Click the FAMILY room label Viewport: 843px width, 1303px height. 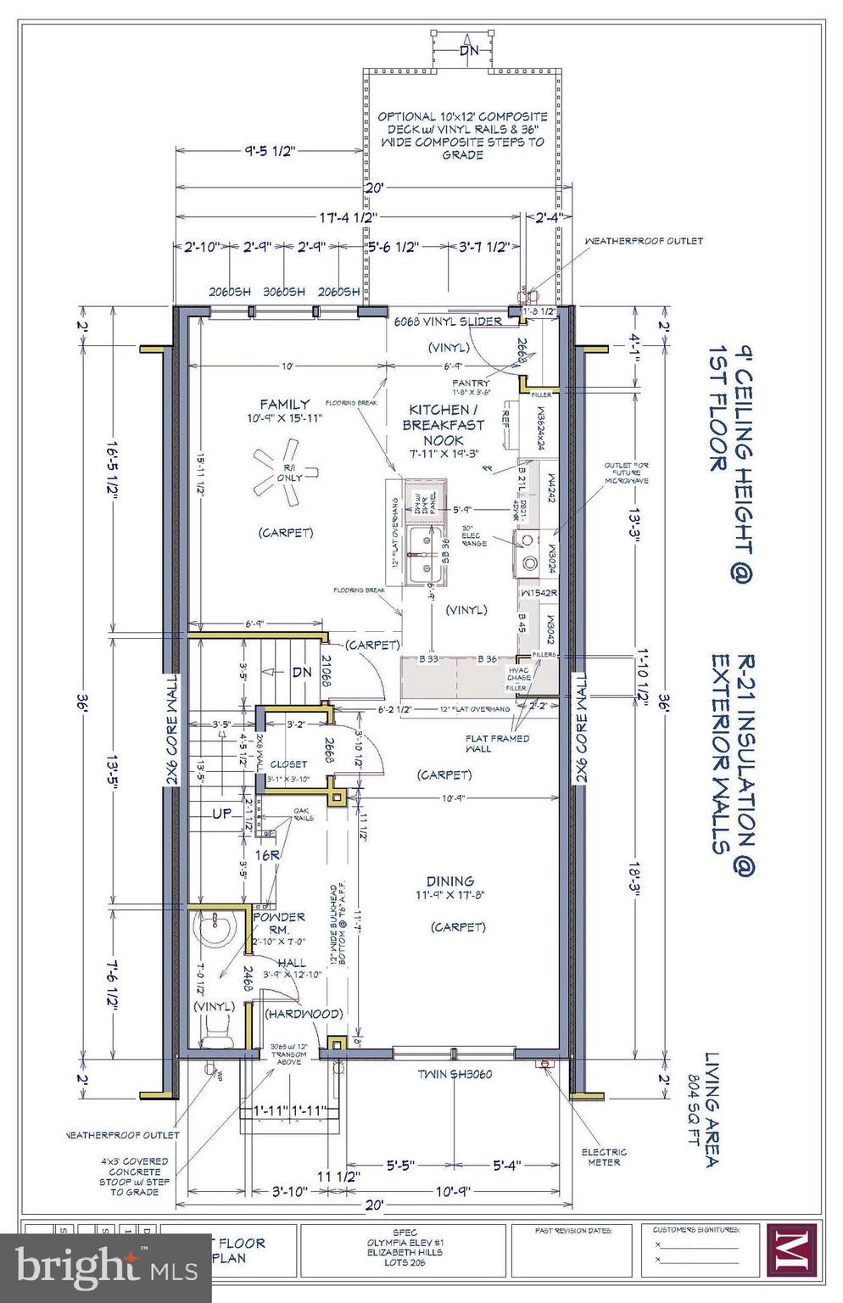284,404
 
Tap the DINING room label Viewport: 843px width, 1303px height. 450,881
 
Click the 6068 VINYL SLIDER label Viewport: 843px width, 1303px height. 447,322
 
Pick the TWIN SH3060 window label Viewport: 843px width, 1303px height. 454,1074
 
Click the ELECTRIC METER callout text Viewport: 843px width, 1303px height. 604,1156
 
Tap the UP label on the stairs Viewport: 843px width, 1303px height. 221,813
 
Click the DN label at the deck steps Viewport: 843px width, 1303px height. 469,50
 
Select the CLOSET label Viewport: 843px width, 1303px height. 288,763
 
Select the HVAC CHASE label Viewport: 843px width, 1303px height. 520,673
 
